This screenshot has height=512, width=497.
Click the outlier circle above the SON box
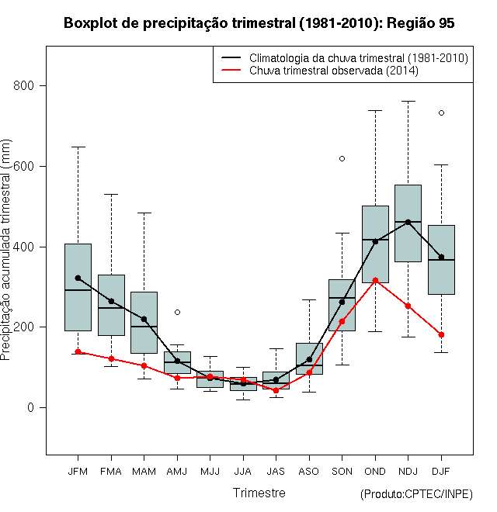pyautogui.click(x=342, y=159)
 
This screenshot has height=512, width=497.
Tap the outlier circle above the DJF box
pyautogui.click(x=441, y=113)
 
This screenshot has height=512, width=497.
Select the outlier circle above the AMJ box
pyautogui.click(x=177, y=312)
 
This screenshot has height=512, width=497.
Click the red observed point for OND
pyautogui.click(x=375, y=281)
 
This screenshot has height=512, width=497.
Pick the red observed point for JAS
pyautogui.click(x=276, y=390)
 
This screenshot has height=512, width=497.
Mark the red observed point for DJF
pyautogui.click(x=441, y=334)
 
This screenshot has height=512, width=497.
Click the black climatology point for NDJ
pyautogui.click(x=408, y=222)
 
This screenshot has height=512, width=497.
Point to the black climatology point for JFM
pyautogui.click(x=78, y=278)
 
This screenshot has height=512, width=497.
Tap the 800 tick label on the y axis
pyautogui.click(x=23, y=85)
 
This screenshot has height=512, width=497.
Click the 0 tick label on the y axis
pyautogui.click(x=30, y=407)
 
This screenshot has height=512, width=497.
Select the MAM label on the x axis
pyautogui.click(x=144, y=472)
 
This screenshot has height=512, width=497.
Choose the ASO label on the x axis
pyautogui.click(x=308, y=472)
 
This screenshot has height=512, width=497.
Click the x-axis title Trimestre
pyautogui.click(x=259, y=493)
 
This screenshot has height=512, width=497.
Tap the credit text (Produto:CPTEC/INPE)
pyautogui.click(x=416, y=494)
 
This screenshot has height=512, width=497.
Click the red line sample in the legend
pyautogui.click(x=231, y=70)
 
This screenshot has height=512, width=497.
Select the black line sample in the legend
pyautogui.click(x=231, y=58)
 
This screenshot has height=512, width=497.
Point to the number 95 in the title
pyautogui.click(x=447, y=23)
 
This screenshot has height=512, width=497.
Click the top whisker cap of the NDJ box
pyautogui.click(x=408, y=101)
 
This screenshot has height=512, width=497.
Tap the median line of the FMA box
pyautogui.click(x=111, y=308)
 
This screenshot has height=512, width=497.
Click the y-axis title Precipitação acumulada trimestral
pyautogui.click(x=5, y=250)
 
